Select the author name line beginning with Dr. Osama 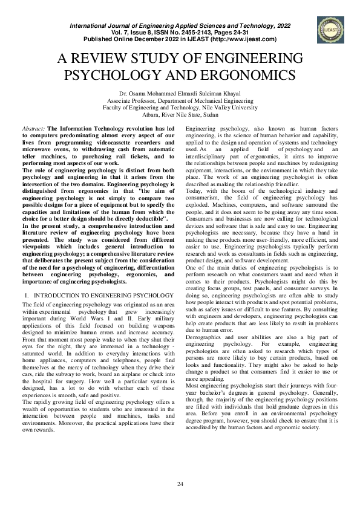[x=179, y=94]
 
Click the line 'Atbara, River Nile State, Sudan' [x=179, y=114]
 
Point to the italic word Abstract [x=33, y=129]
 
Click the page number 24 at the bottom [x=180, y=484]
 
